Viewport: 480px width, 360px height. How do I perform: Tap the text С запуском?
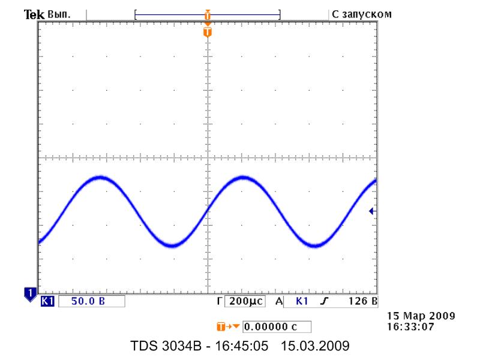(362, 13)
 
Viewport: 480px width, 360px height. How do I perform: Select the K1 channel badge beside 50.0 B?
(46, 301)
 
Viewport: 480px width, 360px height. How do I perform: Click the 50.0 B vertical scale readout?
(88, 301)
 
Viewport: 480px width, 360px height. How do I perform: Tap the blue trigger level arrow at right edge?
(372, 211)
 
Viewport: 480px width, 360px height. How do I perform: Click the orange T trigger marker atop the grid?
(208, 31)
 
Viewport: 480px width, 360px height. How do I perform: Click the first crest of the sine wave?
(100, 178)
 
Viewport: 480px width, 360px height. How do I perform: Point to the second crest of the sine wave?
(244, 178)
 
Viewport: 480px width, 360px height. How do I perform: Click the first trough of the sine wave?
(172, 245)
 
